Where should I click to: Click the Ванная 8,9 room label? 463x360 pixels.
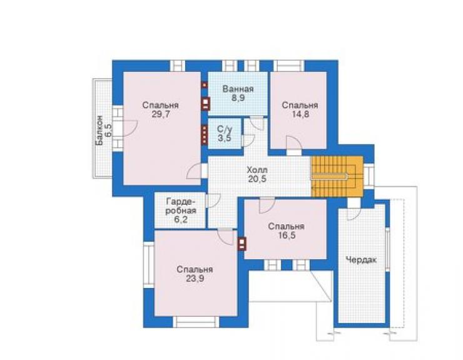pyautogui.click(x=238, y=93)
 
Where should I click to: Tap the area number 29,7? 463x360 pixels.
pyautogui.click(x=161, y=115)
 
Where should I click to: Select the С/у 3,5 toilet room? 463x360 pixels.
pyautogui.click(x=225, y=133)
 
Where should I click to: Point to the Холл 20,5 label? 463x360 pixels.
pyautogui.click(x=258, y=175)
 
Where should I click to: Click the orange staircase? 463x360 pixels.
pyautogui.click(x=337, y=177)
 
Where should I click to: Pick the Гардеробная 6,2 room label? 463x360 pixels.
pyautogui.click(x=181, y=210)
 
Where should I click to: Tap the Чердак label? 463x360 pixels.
pyautogui.click(x=361, y=260)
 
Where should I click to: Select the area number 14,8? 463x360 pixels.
pyautogui.click(x=300, y=114)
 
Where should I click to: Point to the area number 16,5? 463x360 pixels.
pyautogui.click(x=287, y=235)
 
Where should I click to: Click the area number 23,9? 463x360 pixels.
pyautogui.click(x=195, y=278)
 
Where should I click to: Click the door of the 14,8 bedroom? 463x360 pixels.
pyautogui.click(x=294, y=146)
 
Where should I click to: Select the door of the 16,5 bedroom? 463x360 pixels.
pyautogui.click(x=267, y=205)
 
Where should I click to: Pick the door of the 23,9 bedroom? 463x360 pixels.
pyautogui.click(x=226, y=237)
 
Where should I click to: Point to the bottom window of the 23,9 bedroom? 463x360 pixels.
pyautogui.click(x=196, y=322)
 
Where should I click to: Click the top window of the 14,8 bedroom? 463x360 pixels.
pyautogui.click(x=289, y=66)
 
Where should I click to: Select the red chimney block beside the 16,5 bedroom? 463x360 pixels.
pyautogui.click(x=242, y=244)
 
